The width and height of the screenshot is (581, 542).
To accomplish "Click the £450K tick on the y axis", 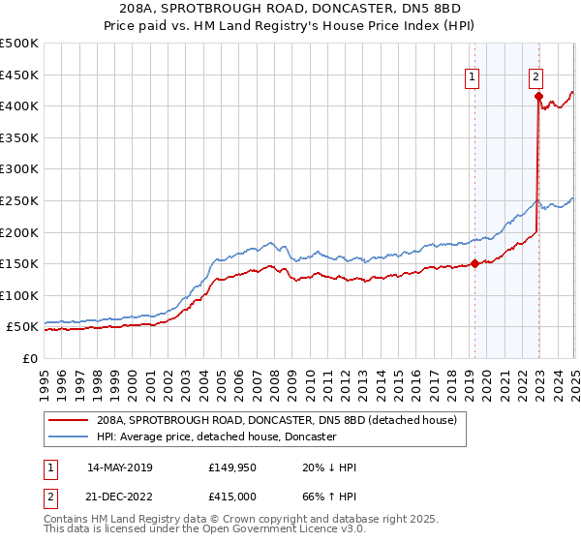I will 20,75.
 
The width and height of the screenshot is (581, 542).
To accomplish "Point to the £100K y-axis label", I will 20,295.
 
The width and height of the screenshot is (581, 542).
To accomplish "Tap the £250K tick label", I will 20,200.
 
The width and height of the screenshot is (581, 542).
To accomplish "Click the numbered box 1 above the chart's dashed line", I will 472,79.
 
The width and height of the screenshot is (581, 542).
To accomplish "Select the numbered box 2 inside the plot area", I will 535,79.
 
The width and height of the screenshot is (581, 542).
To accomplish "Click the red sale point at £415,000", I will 537,96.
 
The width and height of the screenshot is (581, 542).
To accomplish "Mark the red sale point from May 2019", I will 474,262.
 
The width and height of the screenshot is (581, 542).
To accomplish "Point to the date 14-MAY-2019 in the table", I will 119,467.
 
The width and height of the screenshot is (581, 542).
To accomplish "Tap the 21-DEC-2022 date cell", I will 119,495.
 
